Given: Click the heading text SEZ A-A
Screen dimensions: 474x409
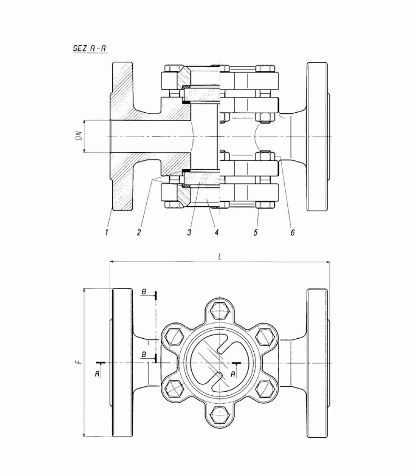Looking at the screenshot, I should pos(89,49).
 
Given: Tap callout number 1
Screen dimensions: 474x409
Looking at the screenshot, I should pos(107,232).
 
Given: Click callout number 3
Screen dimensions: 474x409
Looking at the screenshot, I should pos(189,232).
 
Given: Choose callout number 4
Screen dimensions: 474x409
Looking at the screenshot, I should pos(216,232).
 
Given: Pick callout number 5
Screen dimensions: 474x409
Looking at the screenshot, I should pos(256,232).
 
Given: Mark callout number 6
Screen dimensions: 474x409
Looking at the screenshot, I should pos(292,232).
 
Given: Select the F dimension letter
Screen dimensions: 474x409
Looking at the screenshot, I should pos(78,362).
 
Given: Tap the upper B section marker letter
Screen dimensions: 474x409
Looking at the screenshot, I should pos(144,292).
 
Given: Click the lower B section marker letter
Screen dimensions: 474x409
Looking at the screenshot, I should pos(144,355).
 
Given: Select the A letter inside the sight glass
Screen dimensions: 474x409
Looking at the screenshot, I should pos(233,374).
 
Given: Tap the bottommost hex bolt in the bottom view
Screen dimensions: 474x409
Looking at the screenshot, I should pos(219,415).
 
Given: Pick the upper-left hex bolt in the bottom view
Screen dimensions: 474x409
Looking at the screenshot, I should pos(174,337).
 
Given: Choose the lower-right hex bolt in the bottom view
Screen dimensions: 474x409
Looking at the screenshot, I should pos(265,389).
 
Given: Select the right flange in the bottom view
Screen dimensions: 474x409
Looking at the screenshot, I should pos(317,363).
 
